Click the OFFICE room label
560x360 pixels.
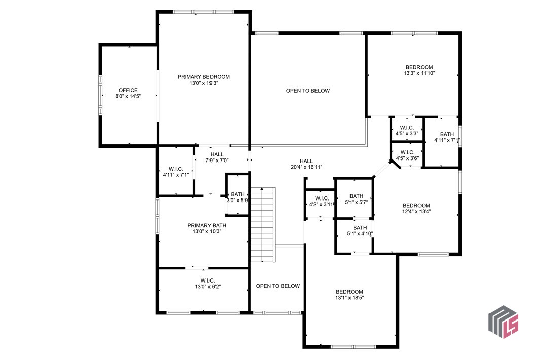(128, 90)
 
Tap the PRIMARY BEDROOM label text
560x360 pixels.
(203, 77)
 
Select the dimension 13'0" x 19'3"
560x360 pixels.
(203, 83)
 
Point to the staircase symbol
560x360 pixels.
(262, 224)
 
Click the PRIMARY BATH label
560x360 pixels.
(206, 225)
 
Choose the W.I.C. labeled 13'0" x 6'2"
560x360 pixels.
(207, 280)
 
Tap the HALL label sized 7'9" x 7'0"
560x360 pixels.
(217, 154)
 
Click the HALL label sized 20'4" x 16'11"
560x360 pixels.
(306, 161)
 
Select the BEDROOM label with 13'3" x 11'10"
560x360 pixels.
(419, 67)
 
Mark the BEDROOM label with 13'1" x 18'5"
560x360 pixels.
(349, 292)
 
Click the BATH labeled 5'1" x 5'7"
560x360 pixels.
(356, 196)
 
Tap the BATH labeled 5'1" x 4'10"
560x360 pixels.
(360, 228)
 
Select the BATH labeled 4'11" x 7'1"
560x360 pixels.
(447, 134)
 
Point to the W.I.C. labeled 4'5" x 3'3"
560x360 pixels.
(407, 127)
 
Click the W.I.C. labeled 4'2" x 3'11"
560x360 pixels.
(322, 198)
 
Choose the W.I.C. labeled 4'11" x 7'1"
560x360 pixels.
(176, 169)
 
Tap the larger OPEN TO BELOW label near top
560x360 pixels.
(307, 91)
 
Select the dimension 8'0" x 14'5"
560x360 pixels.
(128, 96)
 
